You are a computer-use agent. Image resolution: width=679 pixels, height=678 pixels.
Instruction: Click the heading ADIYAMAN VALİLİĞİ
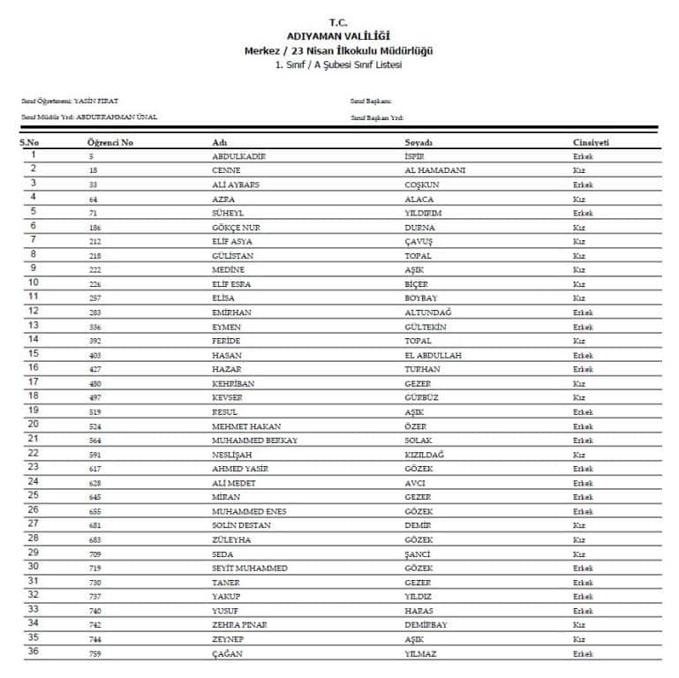[x=339, y=35]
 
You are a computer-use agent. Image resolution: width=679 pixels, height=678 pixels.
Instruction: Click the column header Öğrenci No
[x=110, y=142]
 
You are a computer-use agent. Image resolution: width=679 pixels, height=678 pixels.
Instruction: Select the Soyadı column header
[x=419, y=142]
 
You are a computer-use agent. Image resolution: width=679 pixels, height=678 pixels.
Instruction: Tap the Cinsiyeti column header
[x=591, y=142]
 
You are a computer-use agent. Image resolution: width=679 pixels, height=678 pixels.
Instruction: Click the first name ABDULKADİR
[x=239, y=156]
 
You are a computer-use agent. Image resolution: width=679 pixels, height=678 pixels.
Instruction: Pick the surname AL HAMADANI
[x=434, y=170]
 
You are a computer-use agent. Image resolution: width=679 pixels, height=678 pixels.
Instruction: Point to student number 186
[x=94, y=227]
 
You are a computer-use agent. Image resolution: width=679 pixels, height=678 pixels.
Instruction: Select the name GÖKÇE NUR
[x=234, y=227]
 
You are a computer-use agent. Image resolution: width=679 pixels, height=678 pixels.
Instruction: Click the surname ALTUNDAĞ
[x=426, y=313]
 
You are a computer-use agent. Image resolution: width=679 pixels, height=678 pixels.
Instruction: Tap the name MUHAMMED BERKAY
[x=254, y=441]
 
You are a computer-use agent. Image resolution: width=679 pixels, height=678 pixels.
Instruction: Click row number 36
[x=34, y=652]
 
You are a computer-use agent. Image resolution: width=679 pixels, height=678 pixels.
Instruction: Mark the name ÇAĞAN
[x=227, y=653]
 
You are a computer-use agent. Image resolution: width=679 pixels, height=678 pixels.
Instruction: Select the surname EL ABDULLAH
[x=433, y=355]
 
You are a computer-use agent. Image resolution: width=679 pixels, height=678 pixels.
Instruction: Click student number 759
[x=94, y=653]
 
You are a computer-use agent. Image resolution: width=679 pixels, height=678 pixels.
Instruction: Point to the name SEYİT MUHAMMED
[x=250, y=569]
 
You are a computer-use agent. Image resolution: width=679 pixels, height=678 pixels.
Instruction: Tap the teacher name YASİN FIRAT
[x=96, y=102]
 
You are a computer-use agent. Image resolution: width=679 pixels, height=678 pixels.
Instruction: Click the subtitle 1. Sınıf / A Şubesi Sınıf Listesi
[x=339, y=65]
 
